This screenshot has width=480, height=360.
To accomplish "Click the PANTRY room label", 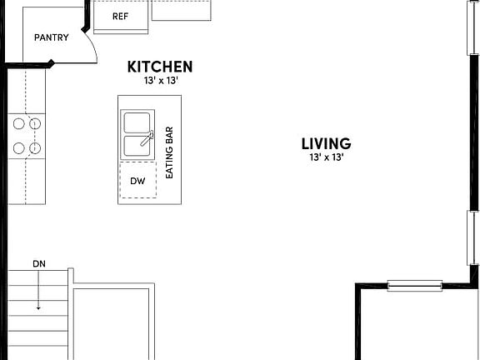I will click(x=51, y=37).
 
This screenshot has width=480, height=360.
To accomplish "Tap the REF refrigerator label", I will click(x=120, y=16).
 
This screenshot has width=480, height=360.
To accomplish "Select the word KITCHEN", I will click(x=160, y=67).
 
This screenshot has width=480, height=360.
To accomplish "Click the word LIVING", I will click(x=326, y=144).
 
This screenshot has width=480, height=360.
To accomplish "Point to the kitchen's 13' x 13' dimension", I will click(x=160, y=81).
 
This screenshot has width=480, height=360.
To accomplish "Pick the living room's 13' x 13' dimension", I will click(x=326, y=157).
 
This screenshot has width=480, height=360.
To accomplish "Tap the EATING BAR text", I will click(x=169, y=152).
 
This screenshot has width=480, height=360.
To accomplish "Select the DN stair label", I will click(x=38, y=264).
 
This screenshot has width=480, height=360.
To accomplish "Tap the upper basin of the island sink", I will click(x=136, y=122).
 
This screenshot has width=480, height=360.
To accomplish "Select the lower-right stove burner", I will click(x=35, y=148).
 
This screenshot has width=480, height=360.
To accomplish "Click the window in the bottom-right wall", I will click(x=414, y=286).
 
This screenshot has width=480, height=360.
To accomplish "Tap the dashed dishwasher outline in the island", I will click(x=136, y=182).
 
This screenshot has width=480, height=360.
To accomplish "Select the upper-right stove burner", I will click(x=35, y=124).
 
